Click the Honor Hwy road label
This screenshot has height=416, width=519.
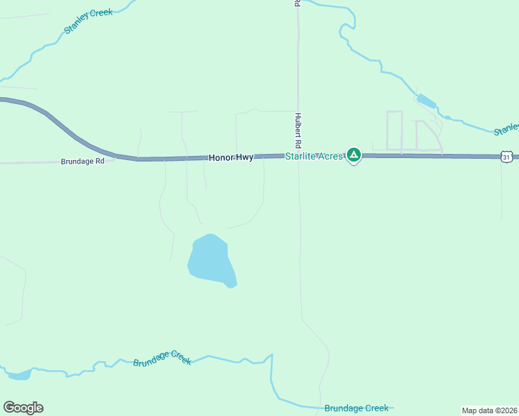pos(230,158)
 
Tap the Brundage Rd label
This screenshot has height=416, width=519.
pos(83,161)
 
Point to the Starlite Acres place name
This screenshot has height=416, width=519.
pos(314,157)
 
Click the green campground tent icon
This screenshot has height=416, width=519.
pos(354,155)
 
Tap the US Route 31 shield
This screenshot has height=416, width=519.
pos(507,157)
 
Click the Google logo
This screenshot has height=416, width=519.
pos(23,408)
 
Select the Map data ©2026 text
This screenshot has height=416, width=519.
pos(490,410)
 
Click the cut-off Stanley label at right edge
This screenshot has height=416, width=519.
pos(506,129)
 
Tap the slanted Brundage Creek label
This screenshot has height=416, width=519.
pos(162,361)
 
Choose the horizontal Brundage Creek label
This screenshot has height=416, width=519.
pos(357,408)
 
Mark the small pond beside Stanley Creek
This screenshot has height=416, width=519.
pos(426,102)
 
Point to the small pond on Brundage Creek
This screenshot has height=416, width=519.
pos(19,375)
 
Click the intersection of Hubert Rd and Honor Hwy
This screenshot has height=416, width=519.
pos(298,156)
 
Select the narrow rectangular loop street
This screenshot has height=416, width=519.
pos(394,130)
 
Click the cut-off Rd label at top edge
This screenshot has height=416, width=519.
pos(297,3)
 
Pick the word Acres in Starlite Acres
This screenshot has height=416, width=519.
pos(330,157)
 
